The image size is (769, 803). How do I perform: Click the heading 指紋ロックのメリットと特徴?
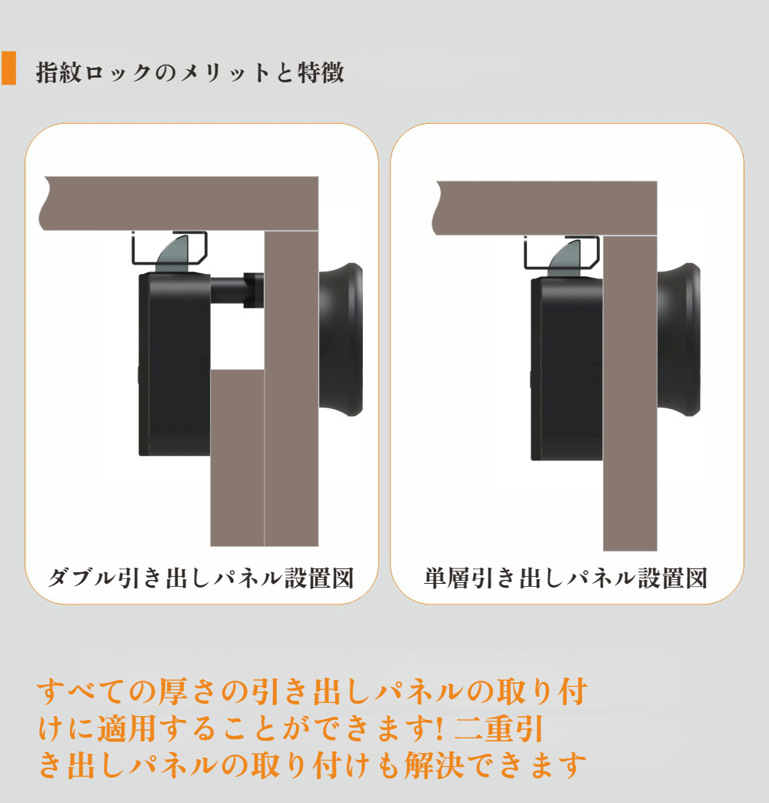click(x=190, y=73)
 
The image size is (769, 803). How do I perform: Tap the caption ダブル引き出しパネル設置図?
click(x=201, y=578)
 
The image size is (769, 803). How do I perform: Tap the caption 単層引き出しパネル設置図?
click(x=565, y=578)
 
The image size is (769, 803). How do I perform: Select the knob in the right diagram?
click(x=681, y=338)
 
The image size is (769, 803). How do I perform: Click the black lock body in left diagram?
click(x=173, y=362)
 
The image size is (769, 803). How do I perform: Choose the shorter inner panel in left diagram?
click(x=237, y=458)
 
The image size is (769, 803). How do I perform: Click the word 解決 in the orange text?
click(x=441, y=765)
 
